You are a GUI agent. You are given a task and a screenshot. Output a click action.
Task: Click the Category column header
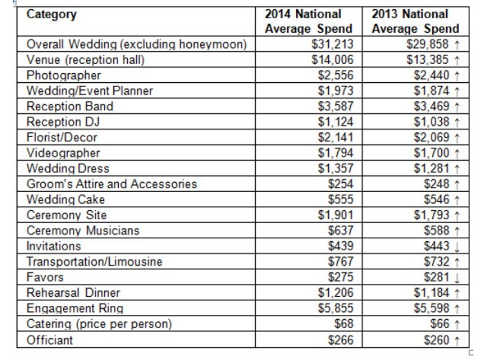tap(52, 15)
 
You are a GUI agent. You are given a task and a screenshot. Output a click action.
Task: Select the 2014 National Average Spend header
tap(309, 21)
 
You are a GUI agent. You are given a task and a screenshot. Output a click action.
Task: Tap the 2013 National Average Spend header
tap(415, 21)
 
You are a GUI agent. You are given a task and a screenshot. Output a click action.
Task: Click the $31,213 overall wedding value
tap(332, 44)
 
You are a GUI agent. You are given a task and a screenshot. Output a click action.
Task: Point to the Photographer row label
tap(64, 76)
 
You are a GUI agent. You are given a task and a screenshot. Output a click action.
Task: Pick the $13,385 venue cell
tap(427, 59)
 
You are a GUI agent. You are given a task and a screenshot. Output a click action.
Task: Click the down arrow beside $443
tap(457, 247)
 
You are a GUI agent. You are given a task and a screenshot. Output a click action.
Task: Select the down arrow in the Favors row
tap(457, 278)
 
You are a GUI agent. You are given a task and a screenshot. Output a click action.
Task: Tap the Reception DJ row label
tap(63, 122)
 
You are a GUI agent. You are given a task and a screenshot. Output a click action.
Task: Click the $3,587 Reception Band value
tap(335, 106)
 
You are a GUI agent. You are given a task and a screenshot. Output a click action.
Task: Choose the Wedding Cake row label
tap(66, 199)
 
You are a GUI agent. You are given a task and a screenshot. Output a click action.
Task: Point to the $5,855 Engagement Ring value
tap(335, 308)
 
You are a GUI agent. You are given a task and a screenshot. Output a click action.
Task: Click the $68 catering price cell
tap(344, 323)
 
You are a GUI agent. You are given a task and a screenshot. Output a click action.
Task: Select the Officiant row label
tap(50, 340)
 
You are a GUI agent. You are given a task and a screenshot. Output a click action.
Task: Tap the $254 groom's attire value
tap(341, 184)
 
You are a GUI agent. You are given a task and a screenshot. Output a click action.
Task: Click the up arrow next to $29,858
tap(457, 44)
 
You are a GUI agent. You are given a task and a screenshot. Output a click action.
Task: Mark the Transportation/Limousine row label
tap(94, 261)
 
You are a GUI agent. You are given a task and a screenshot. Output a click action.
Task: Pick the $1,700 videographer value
tap(431, 153)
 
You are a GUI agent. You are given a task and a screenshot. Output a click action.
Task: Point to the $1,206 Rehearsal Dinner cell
tap(335, 292)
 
